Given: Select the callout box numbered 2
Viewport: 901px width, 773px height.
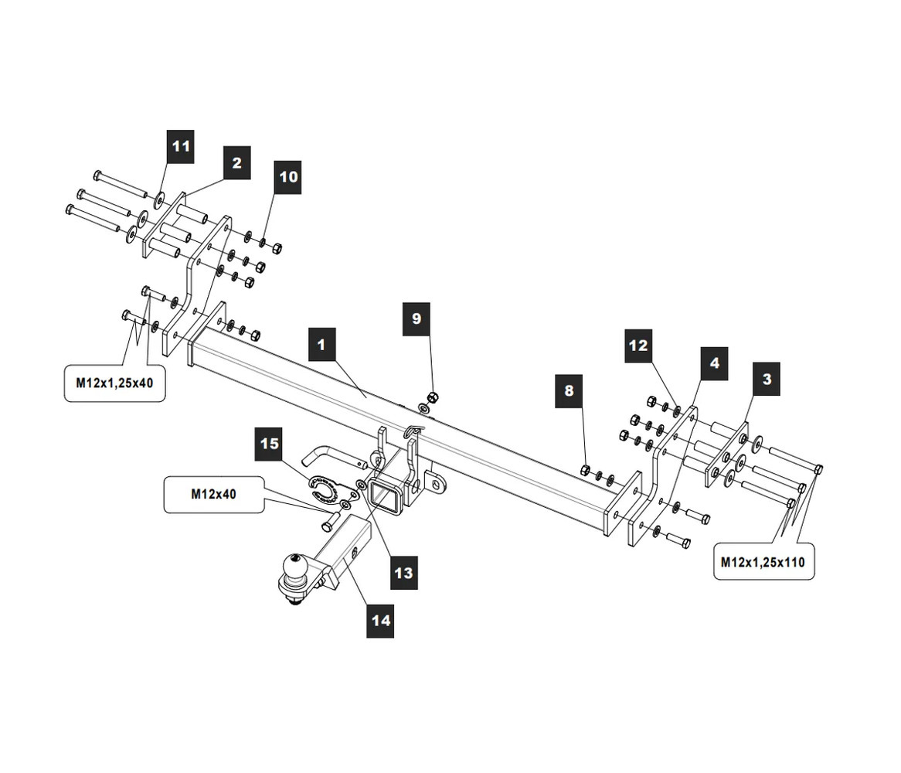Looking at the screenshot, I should click(x=236, y=163).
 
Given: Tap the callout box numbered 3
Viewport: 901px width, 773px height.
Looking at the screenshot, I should click(x=767, y=380).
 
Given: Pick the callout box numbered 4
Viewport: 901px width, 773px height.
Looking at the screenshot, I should click(x=714, y=363).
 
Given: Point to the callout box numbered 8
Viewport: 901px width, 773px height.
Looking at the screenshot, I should click(x=569, y=391).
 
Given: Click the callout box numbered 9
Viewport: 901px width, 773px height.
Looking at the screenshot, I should click(x=416, y=318).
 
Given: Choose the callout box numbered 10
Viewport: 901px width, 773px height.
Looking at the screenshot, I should click(x=288, y=177).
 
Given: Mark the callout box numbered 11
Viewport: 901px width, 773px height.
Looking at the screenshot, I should click(x=180, y=146).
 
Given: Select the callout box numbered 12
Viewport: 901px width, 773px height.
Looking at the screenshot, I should click(x=638, y=346).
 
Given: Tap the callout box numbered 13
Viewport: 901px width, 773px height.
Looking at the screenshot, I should click(x=403, y=573).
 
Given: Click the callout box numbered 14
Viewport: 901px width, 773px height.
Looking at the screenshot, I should click(x=381, y=620).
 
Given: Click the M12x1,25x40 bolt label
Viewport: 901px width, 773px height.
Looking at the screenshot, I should click(x=114, y=383).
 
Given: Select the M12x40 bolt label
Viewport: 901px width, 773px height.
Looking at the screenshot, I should click(x=213, y=495).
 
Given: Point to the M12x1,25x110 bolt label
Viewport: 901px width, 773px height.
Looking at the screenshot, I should click(x=762, y=562).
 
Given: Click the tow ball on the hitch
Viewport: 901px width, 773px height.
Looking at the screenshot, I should click(x=297, y=567).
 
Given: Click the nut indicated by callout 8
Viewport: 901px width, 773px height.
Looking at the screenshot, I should click(x=585, y=470).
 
